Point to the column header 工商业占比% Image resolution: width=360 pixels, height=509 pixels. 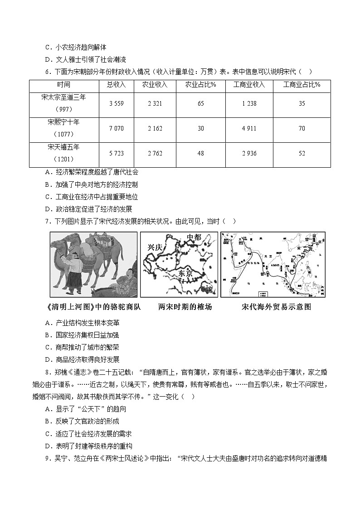click(302, 85)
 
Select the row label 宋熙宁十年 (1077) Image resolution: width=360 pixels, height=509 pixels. click(63, 128)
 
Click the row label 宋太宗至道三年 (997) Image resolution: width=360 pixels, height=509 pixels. click(63, 103)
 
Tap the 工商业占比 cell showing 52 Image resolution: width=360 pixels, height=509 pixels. click(302, 154)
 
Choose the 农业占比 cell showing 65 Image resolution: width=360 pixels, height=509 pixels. click(200, 104)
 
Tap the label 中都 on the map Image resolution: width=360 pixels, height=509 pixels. click(194, 237)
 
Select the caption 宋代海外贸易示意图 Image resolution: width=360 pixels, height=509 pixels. click(277, 307)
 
